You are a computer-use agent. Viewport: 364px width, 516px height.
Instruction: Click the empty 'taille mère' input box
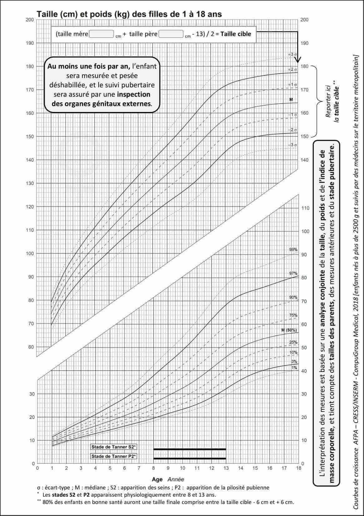point(101,34)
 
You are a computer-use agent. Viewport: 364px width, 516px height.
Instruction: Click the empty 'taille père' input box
point(171,34)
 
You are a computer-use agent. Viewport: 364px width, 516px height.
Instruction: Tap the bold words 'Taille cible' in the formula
point(236,34)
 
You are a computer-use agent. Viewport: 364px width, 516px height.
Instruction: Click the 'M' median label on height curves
point(291,100)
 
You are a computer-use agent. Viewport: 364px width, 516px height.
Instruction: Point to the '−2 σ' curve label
point(292,130)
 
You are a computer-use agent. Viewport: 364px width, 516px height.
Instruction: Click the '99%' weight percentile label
point(293,250)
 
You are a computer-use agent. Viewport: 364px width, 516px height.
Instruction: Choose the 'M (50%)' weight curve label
point(289,330)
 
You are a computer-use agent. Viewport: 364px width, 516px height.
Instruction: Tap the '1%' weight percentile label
point(294,368)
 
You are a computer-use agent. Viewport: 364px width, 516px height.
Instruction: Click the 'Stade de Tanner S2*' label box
point(114,447)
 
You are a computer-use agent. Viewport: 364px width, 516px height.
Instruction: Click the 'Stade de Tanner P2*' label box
point(114,456)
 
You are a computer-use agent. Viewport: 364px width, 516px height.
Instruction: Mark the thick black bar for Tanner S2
point(189,449)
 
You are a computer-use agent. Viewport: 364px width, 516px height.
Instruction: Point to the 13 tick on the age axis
point(226,468)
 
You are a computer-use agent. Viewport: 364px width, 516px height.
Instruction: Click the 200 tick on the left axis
point(30,20)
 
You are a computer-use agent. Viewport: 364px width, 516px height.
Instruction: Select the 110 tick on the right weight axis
point(305,208)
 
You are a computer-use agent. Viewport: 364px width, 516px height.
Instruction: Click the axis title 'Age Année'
point(168,479)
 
